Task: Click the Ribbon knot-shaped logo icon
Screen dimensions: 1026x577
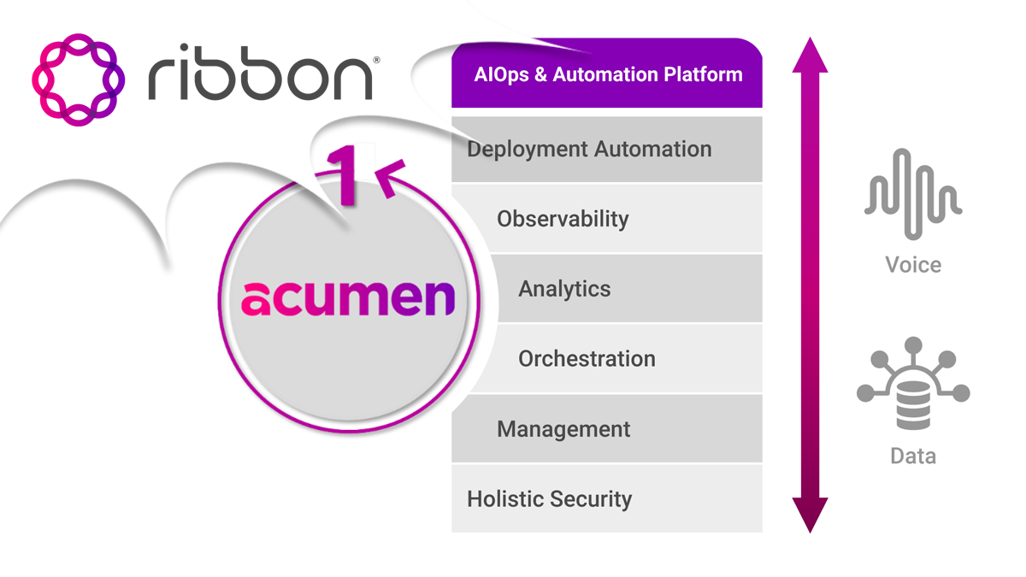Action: coord(79,79)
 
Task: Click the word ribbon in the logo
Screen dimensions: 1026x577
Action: coord(260,73)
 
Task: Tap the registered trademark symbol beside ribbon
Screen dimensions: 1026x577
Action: coord(376,60)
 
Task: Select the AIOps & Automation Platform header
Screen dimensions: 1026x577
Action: coord(607,74)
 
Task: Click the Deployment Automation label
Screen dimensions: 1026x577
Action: coord(589,150)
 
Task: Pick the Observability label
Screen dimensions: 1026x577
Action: coord(563,219)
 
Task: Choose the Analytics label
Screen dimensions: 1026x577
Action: coord(564,289)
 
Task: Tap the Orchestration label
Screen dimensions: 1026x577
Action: coord(587,358)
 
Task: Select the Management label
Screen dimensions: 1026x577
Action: coord(563,429)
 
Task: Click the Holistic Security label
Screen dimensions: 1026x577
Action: coord(549,499)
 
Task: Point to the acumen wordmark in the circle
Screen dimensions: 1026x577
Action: coord(348,298)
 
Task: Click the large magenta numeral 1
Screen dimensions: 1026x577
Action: coord(344,175)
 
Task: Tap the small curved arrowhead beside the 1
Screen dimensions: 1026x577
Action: coord(389,178)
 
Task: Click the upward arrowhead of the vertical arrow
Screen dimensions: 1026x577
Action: coord(811,55)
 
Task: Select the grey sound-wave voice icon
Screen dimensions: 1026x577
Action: coord(913,194)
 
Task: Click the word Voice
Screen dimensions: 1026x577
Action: coord(913,265)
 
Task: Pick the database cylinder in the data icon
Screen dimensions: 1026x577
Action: coord(913,405)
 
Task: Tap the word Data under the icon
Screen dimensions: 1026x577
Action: coord(913,456)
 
